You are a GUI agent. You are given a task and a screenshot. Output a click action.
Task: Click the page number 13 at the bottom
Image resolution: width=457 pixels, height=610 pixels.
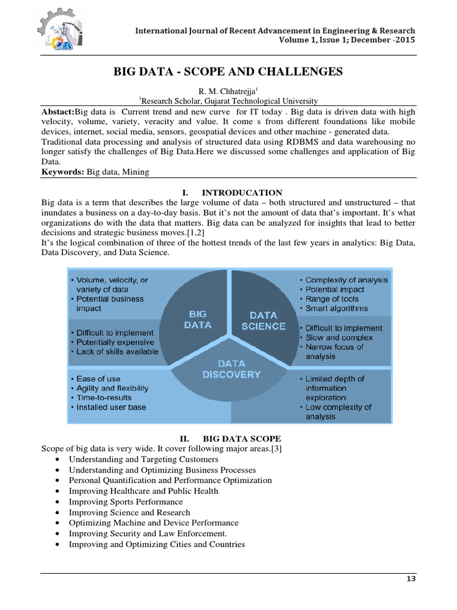[x=411, y=579]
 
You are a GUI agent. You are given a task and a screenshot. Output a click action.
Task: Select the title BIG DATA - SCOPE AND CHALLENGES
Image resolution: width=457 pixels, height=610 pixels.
[x=228, y=72]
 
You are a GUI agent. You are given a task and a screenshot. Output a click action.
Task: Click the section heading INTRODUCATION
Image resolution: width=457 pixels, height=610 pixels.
[x=242, y=192]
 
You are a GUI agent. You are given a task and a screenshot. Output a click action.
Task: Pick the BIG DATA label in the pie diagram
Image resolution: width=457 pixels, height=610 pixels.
[x=199, y=319]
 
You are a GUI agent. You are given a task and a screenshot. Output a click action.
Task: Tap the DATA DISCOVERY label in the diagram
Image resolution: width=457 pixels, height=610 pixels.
[x=230, y=368]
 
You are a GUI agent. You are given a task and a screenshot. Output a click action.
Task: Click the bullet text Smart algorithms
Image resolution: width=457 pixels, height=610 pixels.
[x=337, y=309]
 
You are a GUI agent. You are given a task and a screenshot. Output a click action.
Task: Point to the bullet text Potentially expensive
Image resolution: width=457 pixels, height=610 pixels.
[x=115, y=343]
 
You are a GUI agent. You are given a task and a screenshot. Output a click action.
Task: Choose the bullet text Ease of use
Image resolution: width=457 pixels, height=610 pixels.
[x=98, y=379]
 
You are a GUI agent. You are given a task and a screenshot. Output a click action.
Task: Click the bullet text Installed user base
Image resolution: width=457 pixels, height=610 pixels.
[x=111, y=407]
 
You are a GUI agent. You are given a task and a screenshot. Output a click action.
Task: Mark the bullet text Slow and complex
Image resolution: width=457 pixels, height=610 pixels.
[x=339, y=338]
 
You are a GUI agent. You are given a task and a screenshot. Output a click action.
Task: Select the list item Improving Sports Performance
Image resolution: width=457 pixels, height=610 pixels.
[x=126, y=502]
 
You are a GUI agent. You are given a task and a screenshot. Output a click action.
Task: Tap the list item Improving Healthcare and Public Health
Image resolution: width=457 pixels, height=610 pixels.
[x=143, y=491]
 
